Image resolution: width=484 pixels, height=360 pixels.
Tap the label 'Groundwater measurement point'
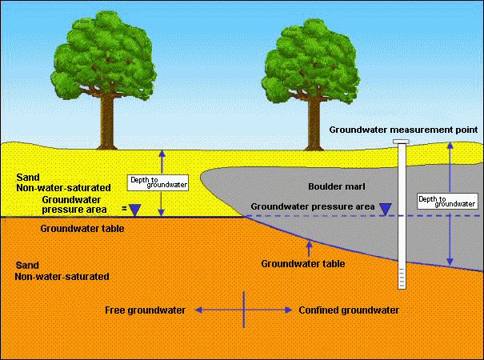(x=404, y=129)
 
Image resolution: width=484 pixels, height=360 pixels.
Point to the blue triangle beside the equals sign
(x=134, y=210)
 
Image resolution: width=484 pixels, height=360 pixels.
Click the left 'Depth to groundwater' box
(x=158, y=182)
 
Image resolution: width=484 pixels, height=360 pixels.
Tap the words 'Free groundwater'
(x=146, y=310)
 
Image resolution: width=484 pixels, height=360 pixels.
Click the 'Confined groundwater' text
(x=348, y=310)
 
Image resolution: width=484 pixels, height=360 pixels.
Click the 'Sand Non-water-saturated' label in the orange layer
(x=56, y=270)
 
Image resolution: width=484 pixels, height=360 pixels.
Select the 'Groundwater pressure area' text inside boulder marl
(x=313, y=206)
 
